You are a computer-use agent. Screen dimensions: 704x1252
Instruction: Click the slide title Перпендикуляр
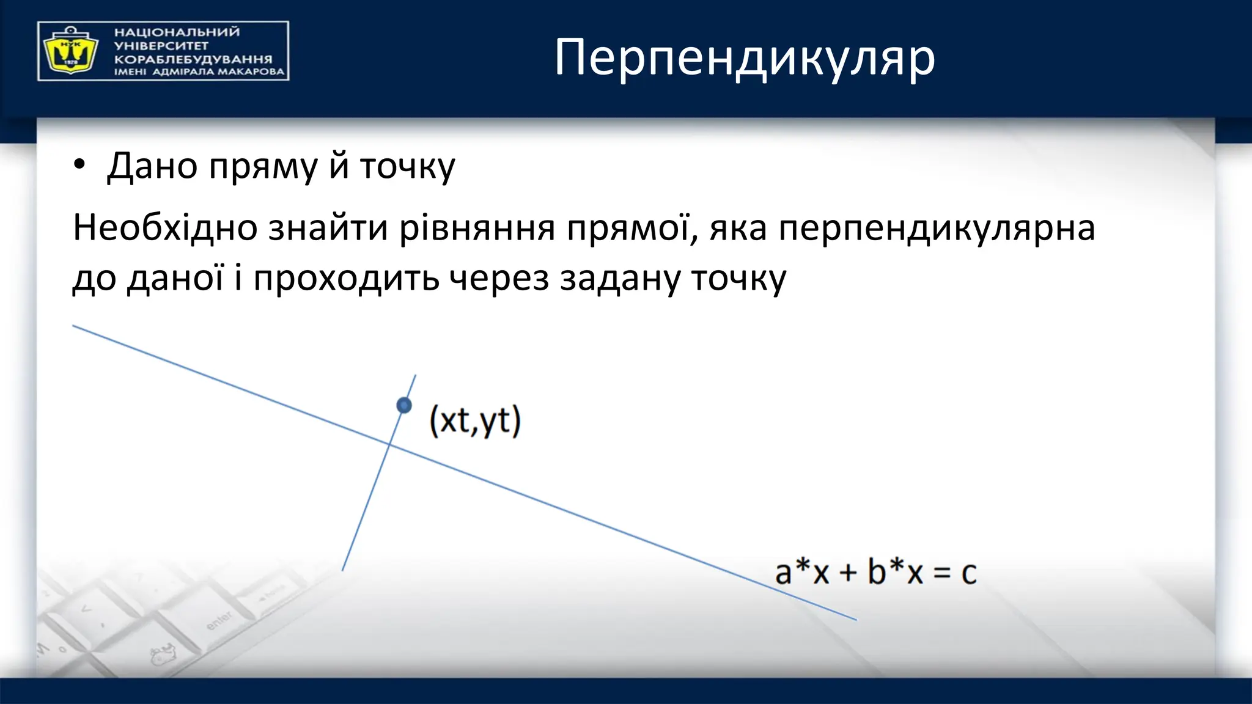(744, 57)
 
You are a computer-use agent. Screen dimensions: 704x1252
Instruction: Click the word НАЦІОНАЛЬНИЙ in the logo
(177, 32)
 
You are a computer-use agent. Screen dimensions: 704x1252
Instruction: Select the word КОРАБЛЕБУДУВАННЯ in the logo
(193, 59)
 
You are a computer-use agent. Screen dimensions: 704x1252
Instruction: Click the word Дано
(152, 166)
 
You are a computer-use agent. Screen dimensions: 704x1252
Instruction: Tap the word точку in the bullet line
(407, 166)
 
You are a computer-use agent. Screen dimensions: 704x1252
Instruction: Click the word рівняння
(477, 228)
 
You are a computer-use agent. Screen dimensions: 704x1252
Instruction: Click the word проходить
(346, 279)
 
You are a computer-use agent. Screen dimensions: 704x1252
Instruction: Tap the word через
(499, 279)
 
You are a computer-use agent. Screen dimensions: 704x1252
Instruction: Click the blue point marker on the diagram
(404, 405)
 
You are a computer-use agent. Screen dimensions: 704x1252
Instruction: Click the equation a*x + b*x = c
(875, 573)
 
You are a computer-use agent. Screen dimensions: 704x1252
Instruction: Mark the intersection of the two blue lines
(389, 444)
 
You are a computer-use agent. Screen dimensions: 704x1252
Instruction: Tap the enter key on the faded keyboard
(219, 620)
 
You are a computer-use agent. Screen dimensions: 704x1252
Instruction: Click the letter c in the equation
(968, 573)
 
